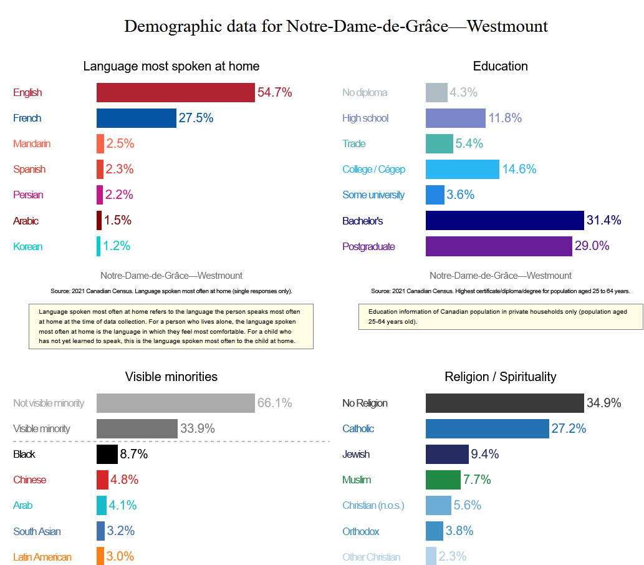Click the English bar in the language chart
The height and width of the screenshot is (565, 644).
tap(175, 92)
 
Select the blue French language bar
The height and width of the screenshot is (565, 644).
tap(136, 118)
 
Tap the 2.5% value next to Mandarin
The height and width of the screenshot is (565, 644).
tap(120, 143)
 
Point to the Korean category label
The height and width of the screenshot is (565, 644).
tap(27, 246)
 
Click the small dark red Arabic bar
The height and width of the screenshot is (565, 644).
tap(99, 220)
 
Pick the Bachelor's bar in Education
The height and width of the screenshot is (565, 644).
tap(504, 220)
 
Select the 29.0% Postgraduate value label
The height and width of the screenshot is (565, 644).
tap(592, 246)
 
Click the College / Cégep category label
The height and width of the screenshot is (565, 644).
tap(373, 169)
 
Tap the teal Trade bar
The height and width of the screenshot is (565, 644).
tap(439, 143)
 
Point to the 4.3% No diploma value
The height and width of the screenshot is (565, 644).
tap(463, 92)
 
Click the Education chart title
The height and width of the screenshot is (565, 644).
tap(500, 66)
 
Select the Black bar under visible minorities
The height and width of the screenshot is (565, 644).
tap(107, 454)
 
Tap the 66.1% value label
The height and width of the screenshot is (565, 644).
tap(274, 403)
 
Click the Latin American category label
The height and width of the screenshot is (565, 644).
tap(42, 557)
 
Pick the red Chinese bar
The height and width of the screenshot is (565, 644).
tap(102, 480)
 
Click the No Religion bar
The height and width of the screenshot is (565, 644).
tap(504, 403)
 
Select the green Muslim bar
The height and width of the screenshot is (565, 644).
tap(443, 480)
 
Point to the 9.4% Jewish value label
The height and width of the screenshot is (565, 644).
tap(485, 454)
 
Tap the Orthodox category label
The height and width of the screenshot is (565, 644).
tap(361, 531)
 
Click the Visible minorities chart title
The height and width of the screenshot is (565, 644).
tap(171, 377)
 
